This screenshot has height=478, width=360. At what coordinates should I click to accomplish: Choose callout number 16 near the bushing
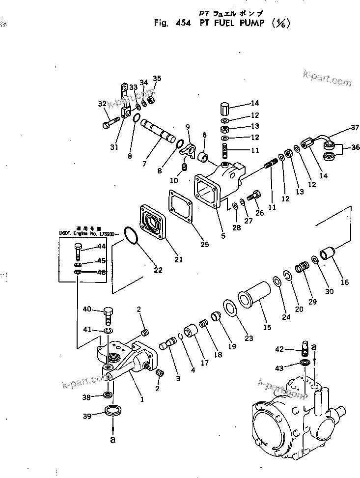345,282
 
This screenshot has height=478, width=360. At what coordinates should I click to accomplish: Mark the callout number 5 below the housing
223,236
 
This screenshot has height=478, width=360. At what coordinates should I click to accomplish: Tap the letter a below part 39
113,439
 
